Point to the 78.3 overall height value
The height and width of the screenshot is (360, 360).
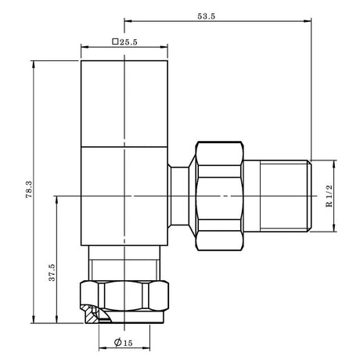click(x=28, y=190)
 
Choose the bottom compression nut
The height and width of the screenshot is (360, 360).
click(x=125, y=297)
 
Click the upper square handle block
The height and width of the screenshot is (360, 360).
click(x=125, y=102)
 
